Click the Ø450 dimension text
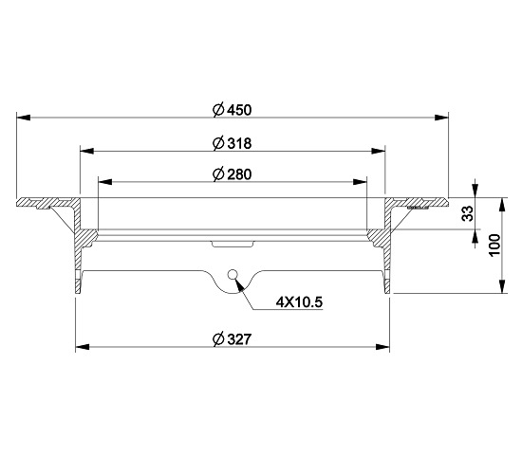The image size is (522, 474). coord(232,110)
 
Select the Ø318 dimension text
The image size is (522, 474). coord(232,143)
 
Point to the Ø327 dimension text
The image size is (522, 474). coord(232,339)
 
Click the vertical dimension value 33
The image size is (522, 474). coord(468,213)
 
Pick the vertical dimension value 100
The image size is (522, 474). coord(495,245)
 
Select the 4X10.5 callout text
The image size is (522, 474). coord(299,302)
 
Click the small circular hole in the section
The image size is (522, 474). coord(232,274)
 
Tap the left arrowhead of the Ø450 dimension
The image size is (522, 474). coord(24,118)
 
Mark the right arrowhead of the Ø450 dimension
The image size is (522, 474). coord(441,118)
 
